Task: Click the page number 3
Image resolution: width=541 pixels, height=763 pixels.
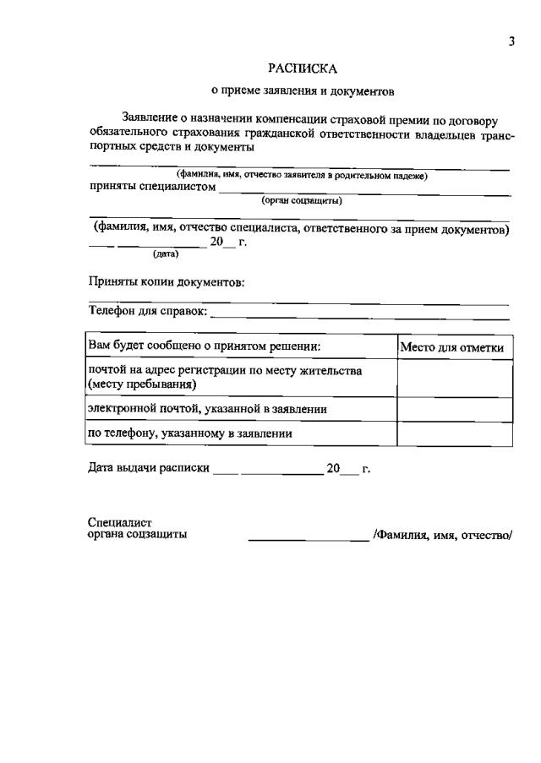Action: point(511,42)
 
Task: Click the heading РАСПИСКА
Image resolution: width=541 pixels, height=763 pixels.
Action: point(302,68)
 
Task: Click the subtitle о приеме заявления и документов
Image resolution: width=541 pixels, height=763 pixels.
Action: point(302,90)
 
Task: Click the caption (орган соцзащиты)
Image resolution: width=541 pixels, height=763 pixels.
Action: point(302,201)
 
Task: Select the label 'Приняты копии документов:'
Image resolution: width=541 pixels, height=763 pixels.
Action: point(167,282)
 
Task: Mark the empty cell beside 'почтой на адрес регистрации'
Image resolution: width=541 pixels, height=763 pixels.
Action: point(454,378)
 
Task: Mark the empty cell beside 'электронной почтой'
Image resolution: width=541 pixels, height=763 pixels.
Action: point(454,409)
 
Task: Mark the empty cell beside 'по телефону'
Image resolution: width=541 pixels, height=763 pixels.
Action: point(454,434)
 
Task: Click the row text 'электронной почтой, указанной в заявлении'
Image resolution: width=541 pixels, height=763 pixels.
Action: point(207,409)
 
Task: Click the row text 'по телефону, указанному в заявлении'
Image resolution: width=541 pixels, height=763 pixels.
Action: point(190,434)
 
